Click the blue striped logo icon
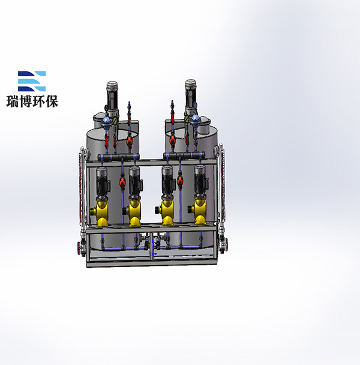click(x=32, y=81)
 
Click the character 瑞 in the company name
click(x=13, y=101)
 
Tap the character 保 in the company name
click(x=52, y=101)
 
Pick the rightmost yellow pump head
click(x=199, y=213)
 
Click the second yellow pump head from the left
click(x=134, y=213)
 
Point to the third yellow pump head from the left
click(x=166, y=213)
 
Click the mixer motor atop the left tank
click(x=112, y=99)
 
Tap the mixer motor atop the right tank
click(x=191, y=97)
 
